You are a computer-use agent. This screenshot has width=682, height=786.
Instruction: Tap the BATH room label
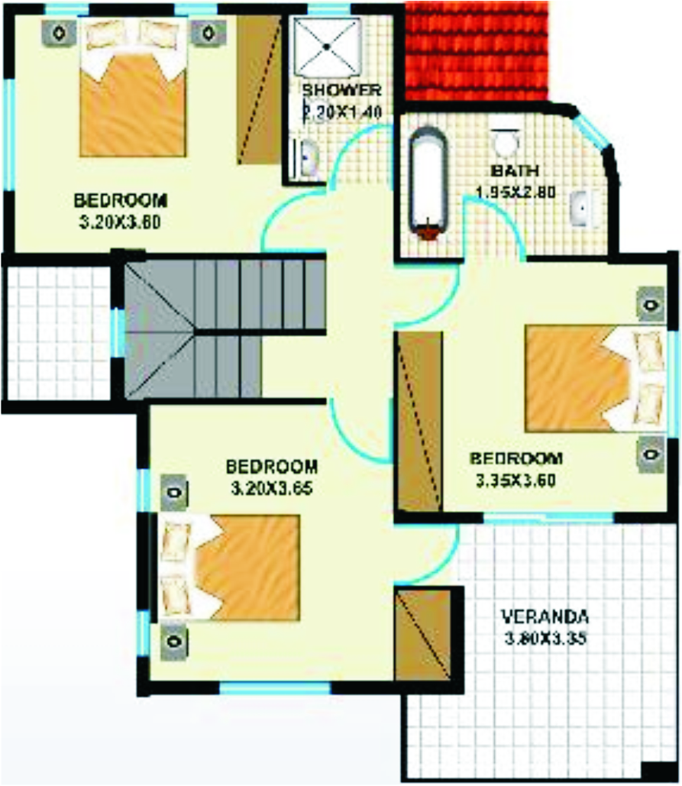point(505,170)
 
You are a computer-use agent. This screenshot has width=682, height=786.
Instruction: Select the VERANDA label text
point(545,616)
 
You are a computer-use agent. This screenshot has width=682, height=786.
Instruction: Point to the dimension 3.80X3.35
point(545,639)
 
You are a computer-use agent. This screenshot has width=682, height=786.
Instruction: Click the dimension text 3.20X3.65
point(272,488)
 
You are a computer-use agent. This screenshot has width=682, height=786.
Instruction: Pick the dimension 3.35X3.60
point(515,481)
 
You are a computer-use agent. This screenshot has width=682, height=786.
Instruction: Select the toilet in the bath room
point(505,141)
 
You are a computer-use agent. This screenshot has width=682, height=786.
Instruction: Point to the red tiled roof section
point(476,50)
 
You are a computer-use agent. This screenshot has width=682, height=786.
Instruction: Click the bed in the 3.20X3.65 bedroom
point(229,565)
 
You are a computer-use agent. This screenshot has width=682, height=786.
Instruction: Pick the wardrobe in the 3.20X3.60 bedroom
point(259,89)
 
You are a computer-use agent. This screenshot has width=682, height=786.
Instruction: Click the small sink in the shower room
point(308,159)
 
